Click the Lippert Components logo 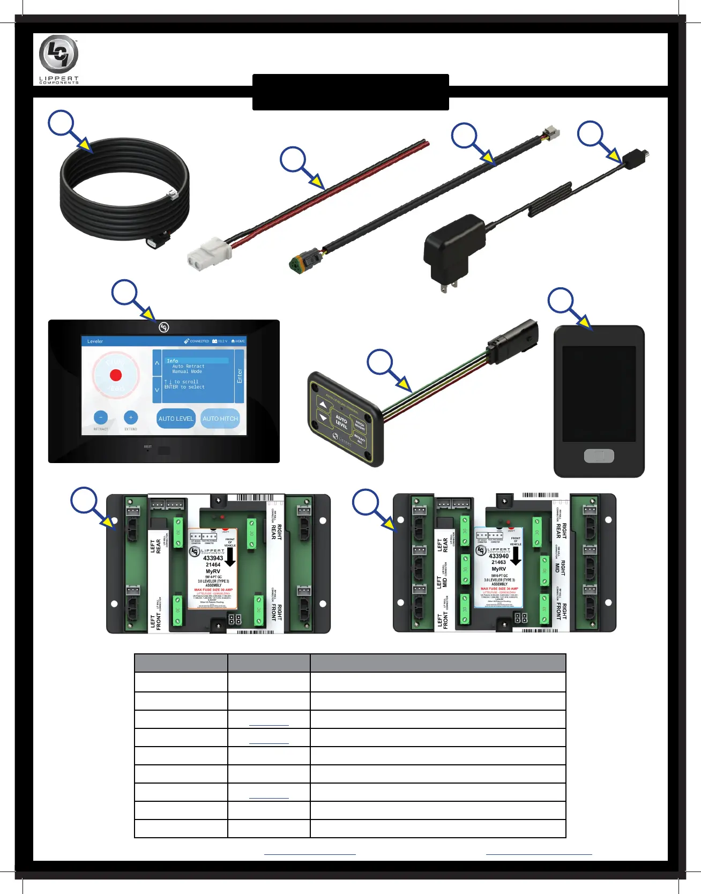pos(58,58)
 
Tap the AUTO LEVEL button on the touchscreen pos(176,419)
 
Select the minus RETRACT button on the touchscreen pos(101,418)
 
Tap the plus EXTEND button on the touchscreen pos(131,418)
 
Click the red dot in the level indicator pos(116,375)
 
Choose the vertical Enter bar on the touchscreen pos(240,376)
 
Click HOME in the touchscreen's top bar pos(238,341)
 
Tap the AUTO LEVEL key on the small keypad pos(341,421)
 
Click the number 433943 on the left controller pos(213,558)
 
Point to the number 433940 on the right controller pos(498,556)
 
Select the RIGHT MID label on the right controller pos(560,566)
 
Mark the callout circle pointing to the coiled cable pos(61,123)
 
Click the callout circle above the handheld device pos(561,301)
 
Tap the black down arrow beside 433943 pos(230,558)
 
